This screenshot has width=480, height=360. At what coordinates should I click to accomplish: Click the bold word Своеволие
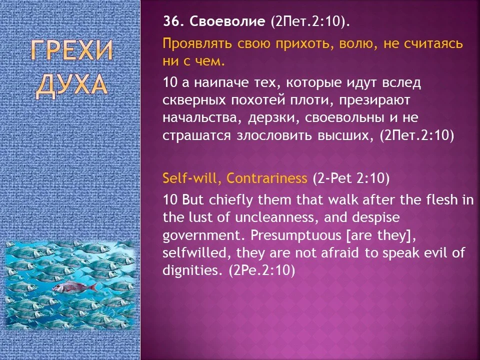pos(223,22)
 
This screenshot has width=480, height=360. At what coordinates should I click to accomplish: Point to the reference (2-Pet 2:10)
pos(351,178)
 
